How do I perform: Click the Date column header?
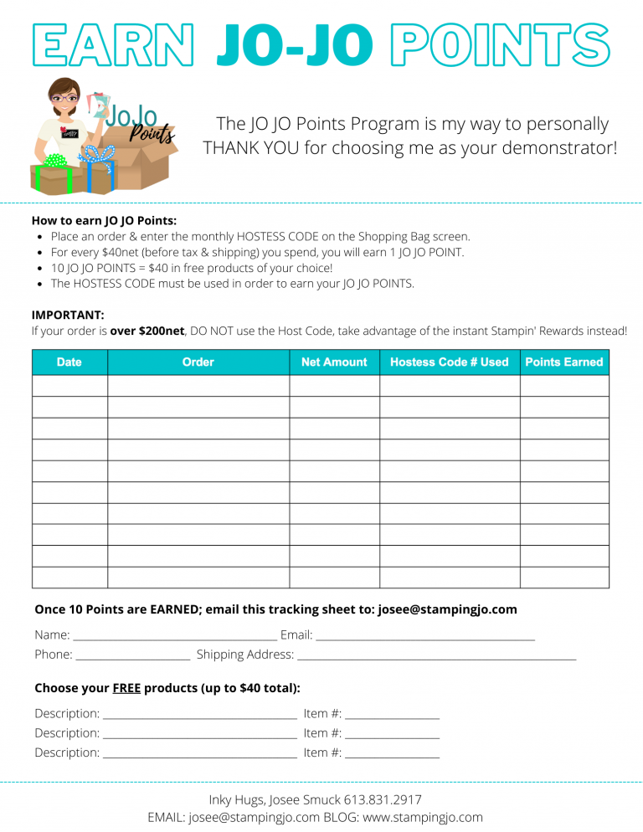tap(69, 362)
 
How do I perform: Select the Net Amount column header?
tap(334, 362)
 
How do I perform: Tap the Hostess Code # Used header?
tap(450, 362)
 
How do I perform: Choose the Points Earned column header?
tap(564, 362)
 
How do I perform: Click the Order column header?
tap(198, 362)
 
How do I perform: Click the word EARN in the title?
tap(112, 44)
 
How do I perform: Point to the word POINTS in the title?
tap(500, 44)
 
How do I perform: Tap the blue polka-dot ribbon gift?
tap(98, 167)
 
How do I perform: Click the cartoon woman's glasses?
tap(65, 98)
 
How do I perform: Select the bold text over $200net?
tap(147, 331)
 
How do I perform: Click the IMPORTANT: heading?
tap(68, 315)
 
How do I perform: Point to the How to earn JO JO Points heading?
tap(104, 221)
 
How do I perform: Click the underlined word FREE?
tap(126, 688)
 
